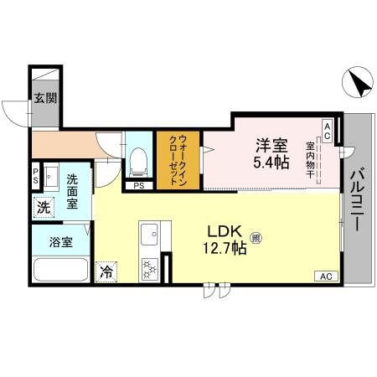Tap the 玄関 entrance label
(x=45, y=97)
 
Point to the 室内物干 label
(x=310, y=160)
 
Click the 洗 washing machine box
(x=42, y=206)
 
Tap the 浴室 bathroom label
(x=59, y=243)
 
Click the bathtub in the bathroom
(x=59, y=271)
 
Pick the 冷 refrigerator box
(x=106, y=271)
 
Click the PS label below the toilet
(x=139, y=185)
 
